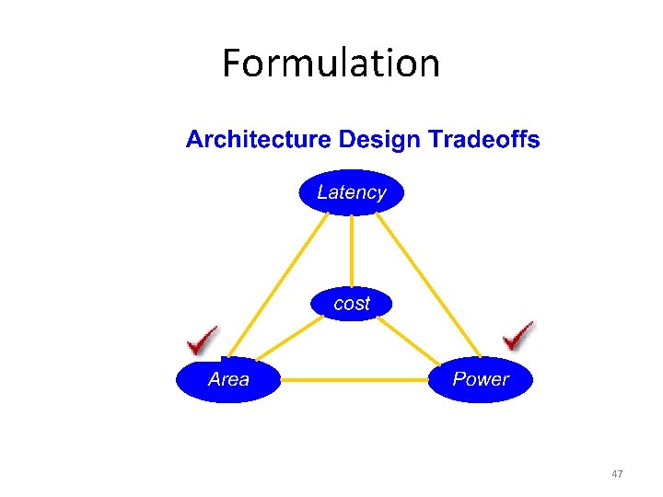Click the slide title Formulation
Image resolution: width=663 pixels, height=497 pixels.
[331, 64]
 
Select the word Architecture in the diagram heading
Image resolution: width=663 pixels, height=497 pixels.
[258, 140]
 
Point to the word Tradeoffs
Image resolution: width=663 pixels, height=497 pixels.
[481, 140]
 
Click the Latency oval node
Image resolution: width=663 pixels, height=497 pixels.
[351, 192]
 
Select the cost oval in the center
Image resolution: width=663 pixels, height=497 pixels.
[351, 303]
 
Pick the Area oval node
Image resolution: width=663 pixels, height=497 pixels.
[228, 378]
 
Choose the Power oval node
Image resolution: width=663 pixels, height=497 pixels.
[480, 378]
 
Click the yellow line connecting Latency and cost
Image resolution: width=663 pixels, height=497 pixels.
[351, 250]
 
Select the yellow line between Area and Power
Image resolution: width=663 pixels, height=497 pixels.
[354, 378]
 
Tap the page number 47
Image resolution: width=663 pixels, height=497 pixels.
[617, 474]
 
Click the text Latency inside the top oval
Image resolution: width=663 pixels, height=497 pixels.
[351, 192]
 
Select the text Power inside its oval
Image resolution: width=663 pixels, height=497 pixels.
[480, 379]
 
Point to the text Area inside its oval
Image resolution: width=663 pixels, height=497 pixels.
[228, 379]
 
